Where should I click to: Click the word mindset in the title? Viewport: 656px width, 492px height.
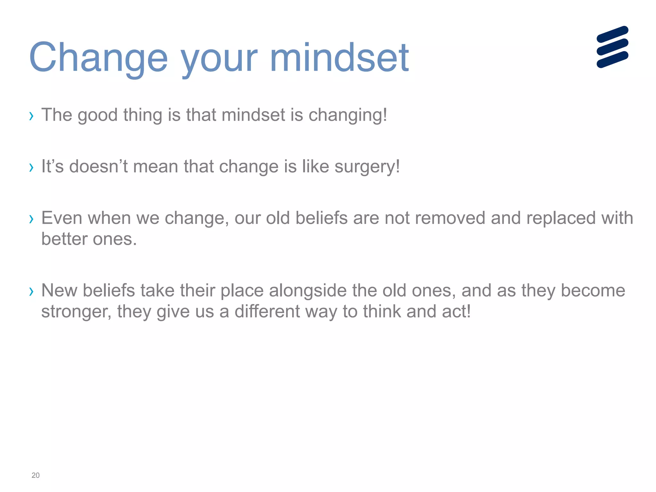click(339, 58)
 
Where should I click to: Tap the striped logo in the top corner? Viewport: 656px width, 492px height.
click(612, 47)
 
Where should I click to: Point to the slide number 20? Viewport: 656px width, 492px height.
click(36, 475)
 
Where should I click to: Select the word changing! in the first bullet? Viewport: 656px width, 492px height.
click(348, 115)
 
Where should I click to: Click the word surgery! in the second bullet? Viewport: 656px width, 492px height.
click(367, 167)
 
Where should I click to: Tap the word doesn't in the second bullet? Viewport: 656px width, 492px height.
click(98, 167)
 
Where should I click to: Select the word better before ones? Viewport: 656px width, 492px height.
click(64, 239)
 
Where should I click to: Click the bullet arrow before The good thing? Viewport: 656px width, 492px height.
click(31, 116)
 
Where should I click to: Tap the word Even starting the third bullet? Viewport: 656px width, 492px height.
click(62, 218)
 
